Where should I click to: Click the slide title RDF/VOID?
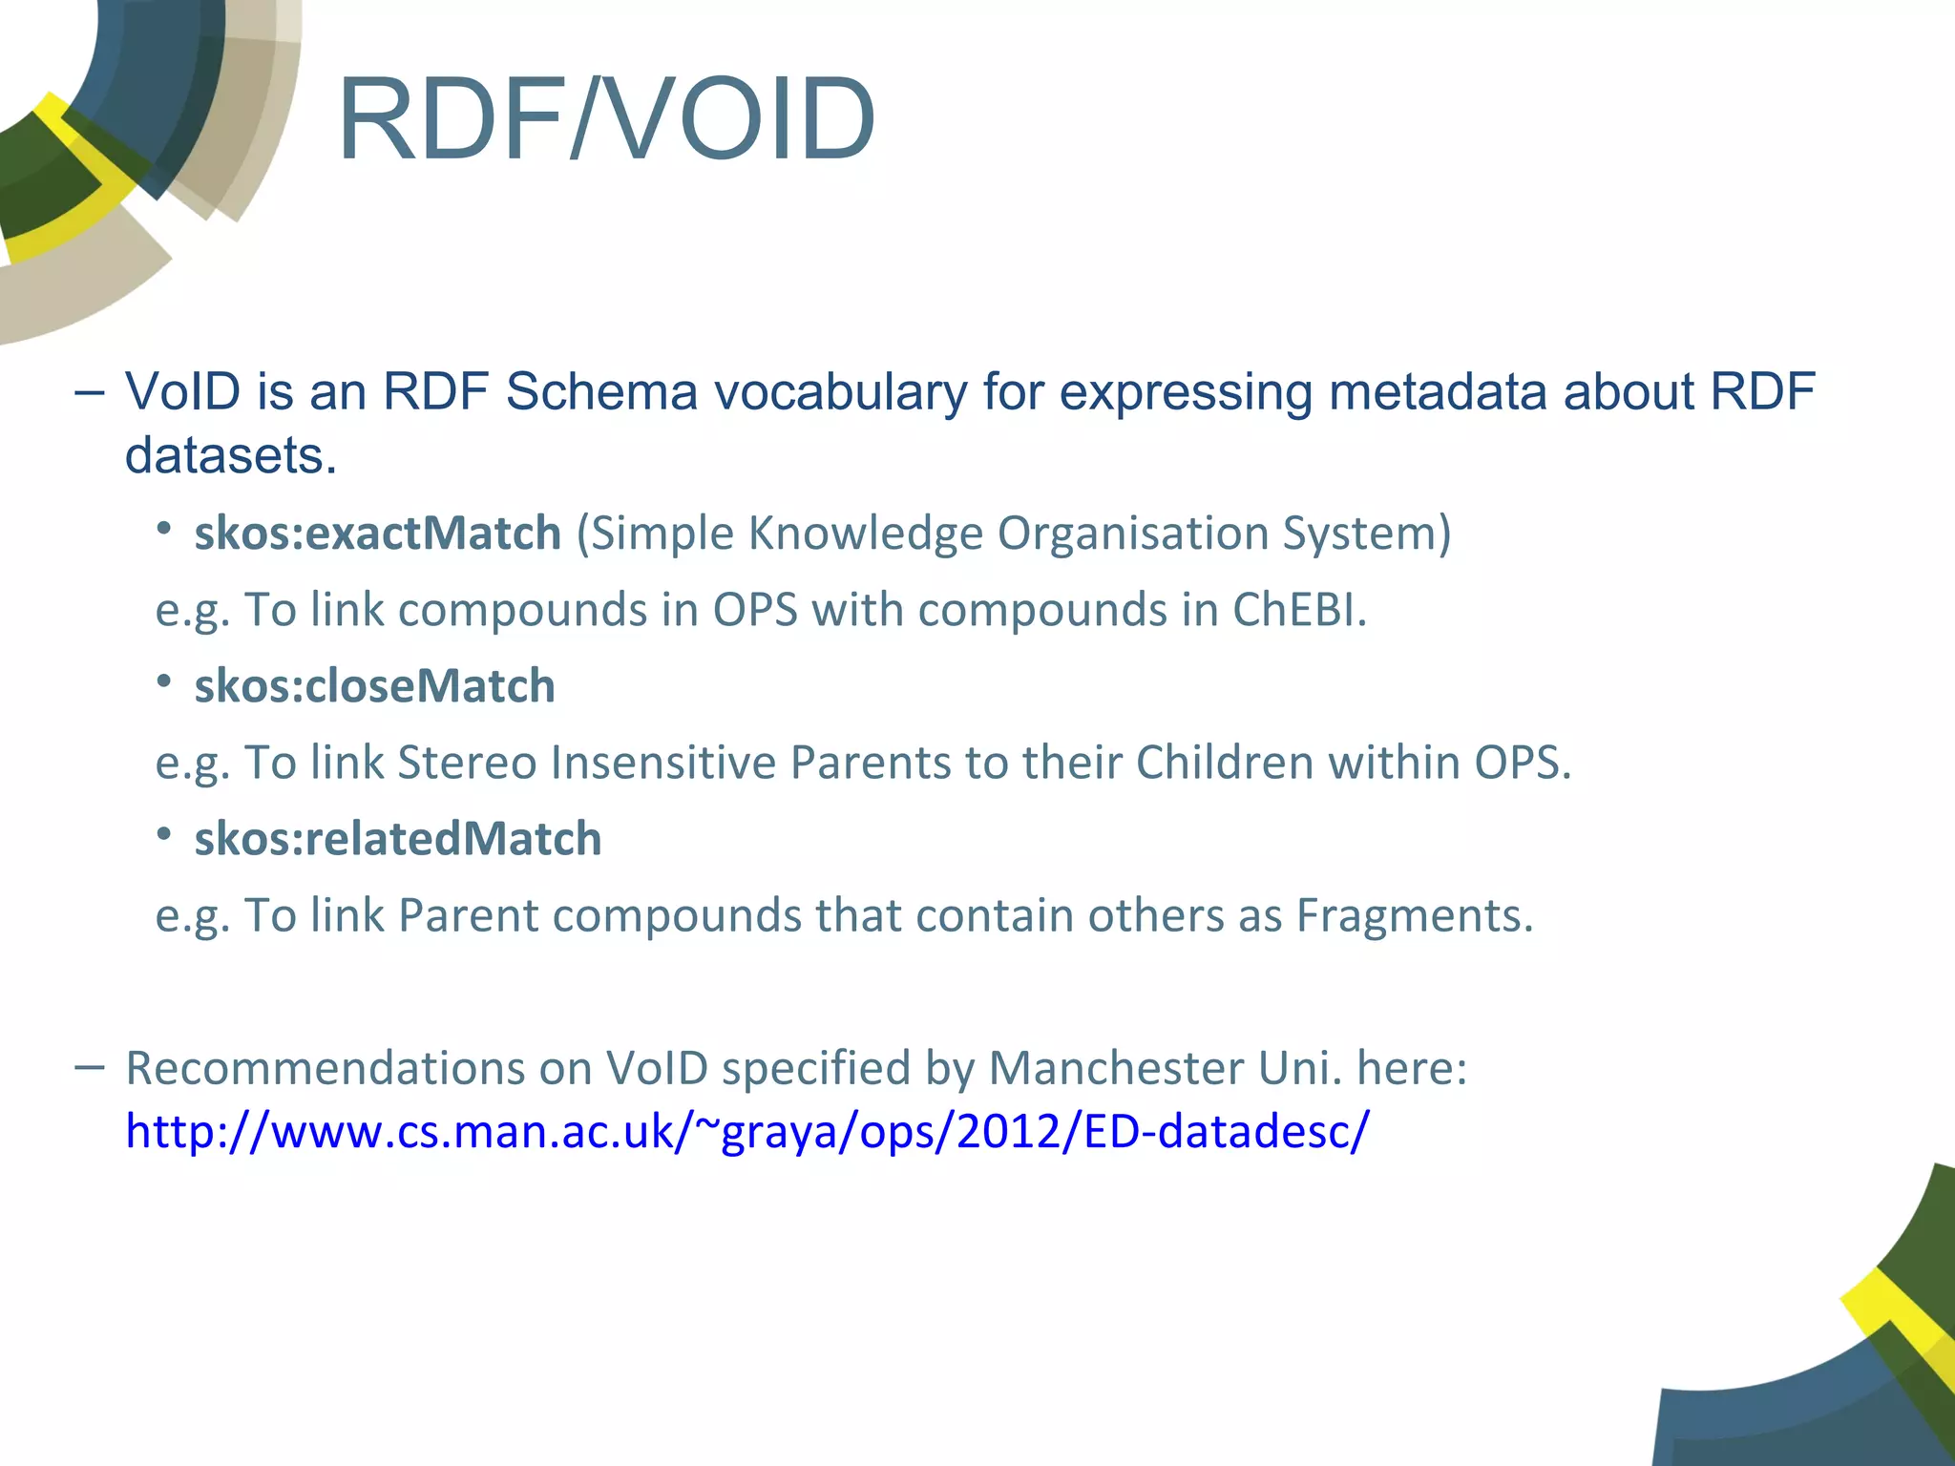606,121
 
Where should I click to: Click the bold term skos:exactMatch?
377,533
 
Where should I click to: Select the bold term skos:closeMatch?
374,686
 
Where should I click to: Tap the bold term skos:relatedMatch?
398,839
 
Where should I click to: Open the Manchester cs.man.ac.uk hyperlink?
746,1131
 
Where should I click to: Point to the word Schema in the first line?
601,391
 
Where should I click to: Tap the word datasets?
230,455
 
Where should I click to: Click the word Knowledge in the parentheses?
865,533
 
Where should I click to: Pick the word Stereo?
467,763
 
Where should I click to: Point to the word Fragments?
1414,915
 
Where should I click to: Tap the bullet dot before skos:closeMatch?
164,681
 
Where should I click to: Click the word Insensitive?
663,763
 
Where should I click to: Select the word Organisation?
1132,533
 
